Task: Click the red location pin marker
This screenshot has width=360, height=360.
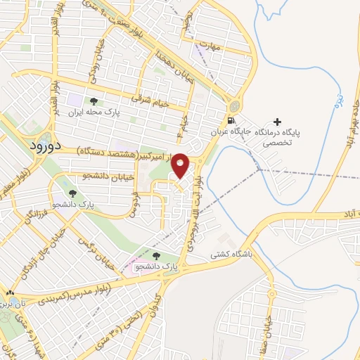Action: click(x=180, y=165)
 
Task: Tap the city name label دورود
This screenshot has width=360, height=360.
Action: click(x=47, y=145)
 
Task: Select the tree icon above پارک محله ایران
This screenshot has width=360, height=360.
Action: click(x=94, y=101)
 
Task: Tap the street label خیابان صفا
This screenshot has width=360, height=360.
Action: click(x=267, y=324)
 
